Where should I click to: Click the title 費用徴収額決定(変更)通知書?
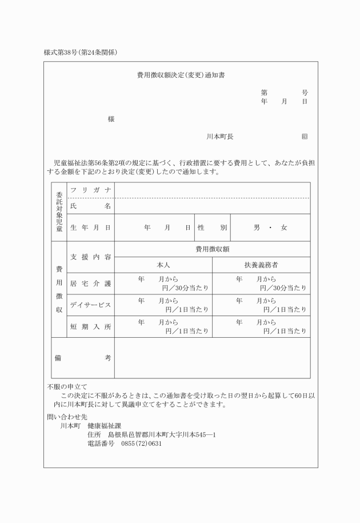point(181,75)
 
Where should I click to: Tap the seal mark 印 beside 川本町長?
point(305,137)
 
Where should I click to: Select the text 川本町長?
point(220,137)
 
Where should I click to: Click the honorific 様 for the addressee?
point(111,119)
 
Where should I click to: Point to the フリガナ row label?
point(90,190)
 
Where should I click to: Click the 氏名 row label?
point(90,206)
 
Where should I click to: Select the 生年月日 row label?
point(90,227)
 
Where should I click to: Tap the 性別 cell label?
point(212,227)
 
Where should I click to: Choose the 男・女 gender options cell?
point(270,227)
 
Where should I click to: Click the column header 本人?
point(163,265)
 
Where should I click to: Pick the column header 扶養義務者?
point(261,265)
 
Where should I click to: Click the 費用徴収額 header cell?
point(212,249)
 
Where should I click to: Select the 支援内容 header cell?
point(90,257)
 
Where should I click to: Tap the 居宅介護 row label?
point(90,283)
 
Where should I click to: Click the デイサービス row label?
point(90,305)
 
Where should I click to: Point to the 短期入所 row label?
point(90,326)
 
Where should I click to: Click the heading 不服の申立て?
point(67,386)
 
